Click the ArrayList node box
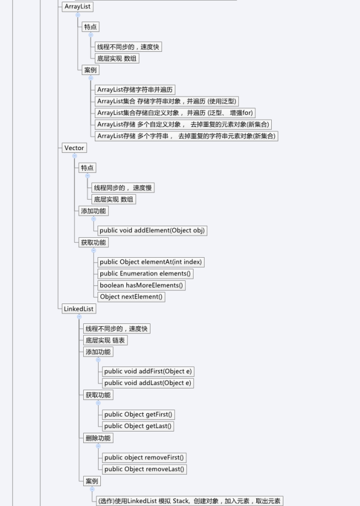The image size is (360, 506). click(x=77, y=7)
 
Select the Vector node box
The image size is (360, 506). click(x=74, y=148)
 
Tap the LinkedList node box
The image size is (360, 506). click(x=79, y=309)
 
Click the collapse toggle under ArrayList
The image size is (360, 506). click(x=78, y=15)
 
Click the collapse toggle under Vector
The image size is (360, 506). click(x=74, y=156)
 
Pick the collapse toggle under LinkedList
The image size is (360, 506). click(x=79, y=317)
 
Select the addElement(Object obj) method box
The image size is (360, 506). click(x=152, y=231)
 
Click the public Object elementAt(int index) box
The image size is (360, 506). click(x=151, y=262)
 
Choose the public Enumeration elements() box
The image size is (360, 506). click(x=146, y=274)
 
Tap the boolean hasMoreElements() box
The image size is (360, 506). click(x=142, y=285)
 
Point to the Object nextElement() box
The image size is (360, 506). click(x=131, y=297)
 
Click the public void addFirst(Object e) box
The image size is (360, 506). click(x=148, y=371)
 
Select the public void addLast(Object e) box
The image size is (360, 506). click(x=148, y=383)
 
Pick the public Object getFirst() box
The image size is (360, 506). click(x=138, y=414)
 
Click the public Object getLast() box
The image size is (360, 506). click(x=138, y=426)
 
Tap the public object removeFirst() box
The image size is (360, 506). click(x=144, y=457)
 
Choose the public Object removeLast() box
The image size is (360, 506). click(x=144, y=469)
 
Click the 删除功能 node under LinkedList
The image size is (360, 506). click(x=98, y=438)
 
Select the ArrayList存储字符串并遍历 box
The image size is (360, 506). click(x=135, y=90)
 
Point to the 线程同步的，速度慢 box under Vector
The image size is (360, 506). click(x=123, y=188)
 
